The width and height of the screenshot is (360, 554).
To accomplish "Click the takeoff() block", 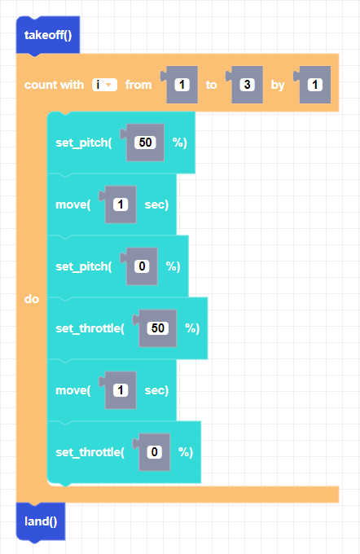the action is pyautogui.click(x=48, y=35).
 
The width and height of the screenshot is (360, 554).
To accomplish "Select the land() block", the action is pyautogui.click(x=41, y=521).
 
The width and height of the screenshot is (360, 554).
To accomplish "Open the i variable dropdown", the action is pyautogui.click(x=104, y=85).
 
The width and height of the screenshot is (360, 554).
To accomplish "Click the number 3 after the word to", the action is pyautogui.click(x=247, y=85).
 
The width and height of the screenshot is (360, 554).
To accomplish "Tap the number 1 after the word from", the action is pyautogui.click(x=182, y=85).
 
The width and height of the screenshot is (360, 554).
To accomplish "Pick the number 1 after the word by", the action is pyautogui.click(x=314, y=85).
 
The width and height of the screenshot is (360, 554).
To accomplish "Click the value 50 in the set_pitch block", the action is pyautogui.click(x=145, y=143).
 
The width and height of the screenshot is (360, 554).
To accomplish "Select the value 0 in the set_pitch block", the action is pyautogui.click(x=142, y=266).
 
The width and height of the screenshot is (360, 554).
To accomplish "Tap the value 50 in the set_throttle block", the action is pyautogui.click(x=157, y=328).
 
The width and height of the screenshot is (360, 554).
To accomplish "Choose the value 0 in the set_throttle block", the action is pyautogui.click(x=155, y=452).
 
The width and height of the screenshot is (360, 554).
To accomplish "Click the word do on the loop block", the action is pyautogui.click(x=32, y=299).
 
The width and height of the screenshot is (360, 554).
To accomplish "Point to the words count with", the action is pyautogui.click(x=54, y=85).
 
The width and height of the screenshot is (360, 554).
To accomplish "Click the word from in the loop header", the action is pyautogui.click(x=138, y=85).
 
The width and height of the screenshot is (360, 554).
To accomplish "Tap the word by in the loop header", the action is pyautogui.click(x=278, y=86).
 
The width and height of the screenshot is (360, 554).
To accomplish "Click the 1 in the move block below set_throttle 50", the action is pyautogui.click(x=121, y=390).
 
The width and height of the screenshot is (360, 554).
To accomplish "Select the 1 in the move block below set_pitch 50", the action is pyautogui.click(x=121, y=204).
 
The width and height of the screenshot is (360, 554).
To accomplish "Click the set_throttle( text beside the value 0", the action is pyautogui.click(x=90, y=452).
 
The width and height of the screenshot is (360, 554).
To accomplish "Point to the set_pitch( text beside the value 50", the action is pyautogui.click(x=84, y=143).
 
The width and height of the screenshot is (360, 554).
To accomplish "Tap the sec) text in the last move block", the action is pyautogui.click(x=156, y=390).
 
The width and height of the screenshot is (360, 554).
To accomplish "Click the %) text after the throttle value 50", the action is pyautogui.click(x=192, y=328).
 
